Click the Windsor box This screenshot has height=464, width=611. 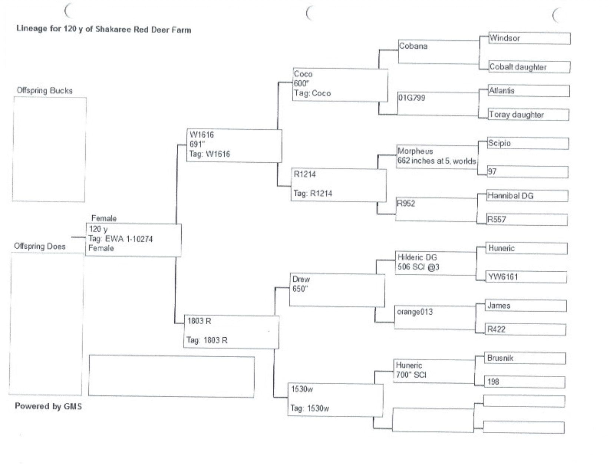529,39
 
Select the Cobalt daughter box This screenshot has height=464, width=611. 529,67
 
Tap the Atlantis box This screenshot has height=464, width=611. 528,91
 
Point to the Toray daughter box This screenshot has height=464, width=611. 528,115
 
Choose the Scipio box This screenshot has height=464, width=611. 528,143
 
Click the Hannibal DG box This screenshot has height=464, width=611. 527,196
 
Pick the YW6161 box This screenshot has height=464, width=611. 526,277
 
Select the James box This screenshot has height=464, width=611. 525,306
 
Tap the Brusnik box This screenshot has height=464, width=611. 525,358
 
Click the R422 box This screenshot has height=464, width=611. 525,329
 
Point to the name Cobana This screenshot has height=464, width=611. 413,46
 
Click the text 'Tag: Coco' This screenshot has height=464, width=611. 312,93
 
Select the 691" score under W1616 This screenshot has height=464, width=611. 197,144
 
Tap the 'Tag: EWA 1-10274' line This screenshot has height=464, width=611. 120,239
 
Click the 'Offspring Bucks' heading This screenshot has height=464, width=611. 44,91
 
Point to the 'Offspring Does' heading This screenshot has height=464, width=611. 40,246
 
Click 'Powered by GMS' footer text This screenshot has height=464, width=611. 48,406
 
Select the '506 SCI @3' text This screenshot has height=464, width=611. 418,267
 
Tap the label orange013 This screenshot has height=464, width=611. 415,312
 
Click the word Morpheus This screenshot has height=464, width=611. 415,151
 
